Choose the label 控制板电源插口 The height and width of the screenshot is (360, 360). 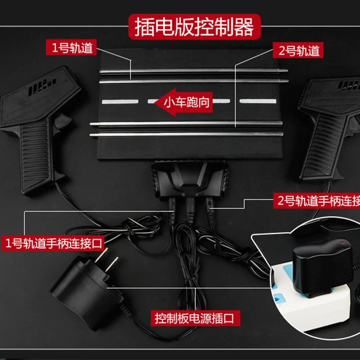tap(194, 319)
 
